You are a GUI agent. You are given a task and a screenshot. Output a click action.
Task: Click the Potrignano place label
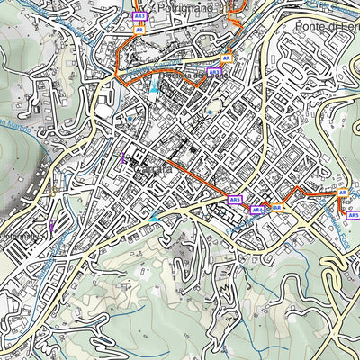pos(186,7)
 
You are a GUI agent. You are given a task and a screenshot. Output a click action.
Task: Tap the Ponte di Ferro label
pos(326,27)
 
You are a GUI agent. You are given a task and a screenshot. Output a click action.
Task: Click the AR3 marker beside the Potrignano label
pos(139,16)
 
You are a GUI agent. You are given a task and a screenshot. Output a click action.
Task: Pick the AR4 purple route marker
pos(257,210)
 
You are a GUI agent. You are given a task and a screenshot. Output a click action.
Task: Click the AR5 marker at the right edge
pos(353,215)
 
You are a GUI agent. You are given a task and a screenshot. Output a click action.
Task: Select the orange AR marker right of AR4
pos(277,207)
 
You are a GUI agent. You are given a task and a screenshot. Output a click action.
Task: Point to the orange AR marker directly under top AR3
pos(139,29)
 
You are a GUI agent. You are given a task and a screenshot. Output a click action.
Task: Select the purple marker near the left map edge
pos(52,227)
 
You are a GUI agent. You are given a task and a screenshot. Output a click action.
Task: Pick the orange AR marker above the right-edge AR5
pos(342,193)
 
